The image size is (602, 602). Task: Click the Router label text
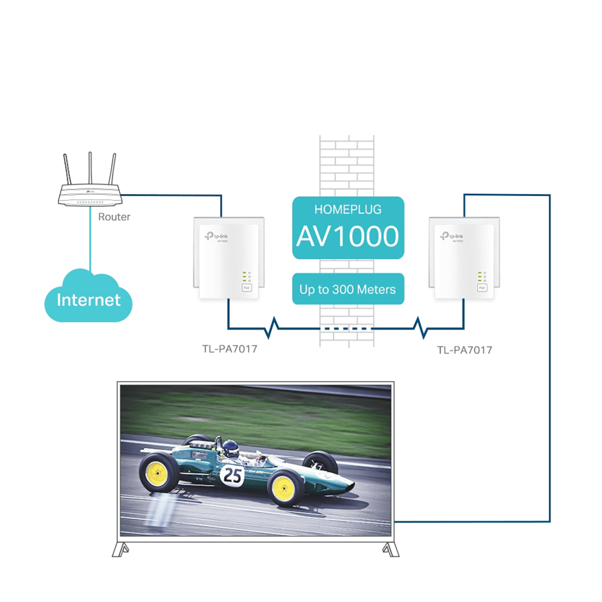coord(114,217)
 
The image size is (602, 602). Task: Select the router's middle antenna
coord(90,168)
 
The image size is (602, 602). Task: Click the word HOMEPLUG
coord(348,209)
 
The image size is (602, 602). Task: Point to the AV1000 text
coord(348,236)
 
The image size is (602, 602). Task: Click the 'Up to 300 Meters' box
coord(348,289)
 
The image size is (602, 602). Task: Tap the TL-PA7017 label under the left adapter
coord(230,349)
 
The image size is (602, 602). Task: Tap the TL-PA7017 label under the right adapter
coord(464,350)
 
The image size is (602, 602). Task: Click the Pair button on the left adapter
coord(246,288)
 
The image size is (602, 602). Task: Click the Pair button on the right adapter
coord(482,288)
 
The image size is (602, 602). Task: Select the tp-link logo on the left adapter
coord(216,236)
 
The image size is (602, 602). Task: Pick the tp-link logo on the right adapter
coord(451,236)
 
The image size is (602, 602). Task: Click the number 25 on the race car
coord(233,475)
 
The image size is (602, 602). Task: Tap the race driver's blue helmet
coord(231,448)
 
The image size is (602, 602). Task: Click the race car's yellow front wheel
coord(284,488)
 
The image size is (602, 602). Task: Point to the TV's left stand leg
coord(120,549)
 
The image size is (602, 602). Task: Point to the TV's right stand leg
coord(390,549)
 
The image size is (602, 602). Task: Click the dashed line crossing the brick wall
coord(347,329)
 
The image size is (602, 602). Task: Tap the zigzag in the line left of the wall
coord(273,328)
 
